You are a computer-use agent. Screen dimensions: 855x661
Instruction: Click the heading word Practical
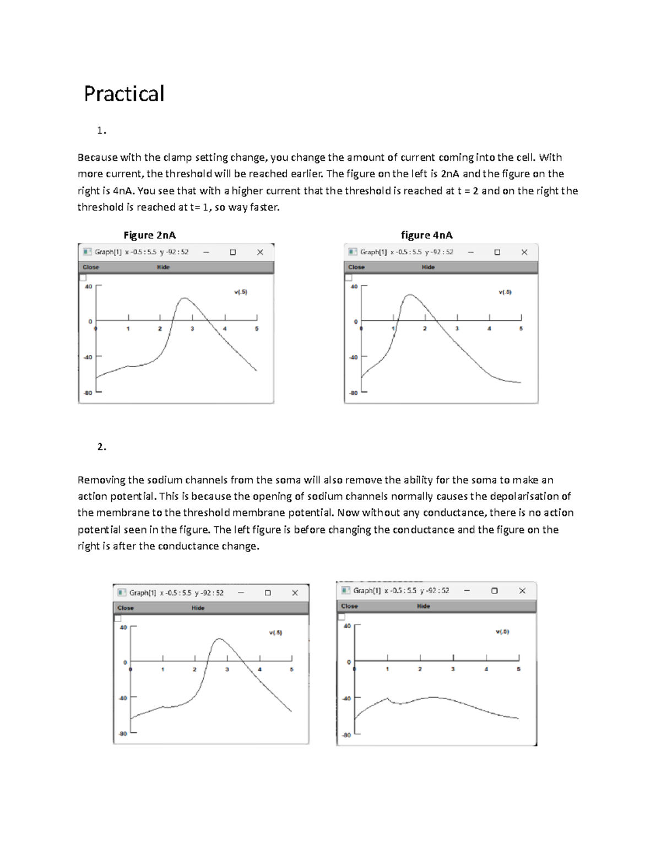[124, 94]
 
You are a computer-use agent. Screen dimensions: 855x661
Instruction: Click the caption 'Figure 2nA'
[149, 235]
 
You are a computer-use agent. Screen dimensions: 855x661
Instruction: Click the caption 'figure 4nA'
[426, 235]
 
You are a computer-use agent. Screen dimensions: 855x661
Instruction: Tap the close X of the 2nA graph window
[260, 252]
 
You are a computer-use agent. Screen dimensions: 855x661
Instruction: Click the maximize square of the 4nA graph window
[497, 252]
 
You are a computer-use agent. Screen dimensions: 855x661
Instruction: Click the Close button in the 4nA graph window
[356, 267]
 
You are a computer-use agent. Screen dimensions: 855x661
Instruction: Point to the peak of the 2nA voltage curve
[184, 298]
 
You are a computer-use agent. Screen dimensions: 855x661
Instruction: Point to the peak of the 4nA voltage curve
[409, 295]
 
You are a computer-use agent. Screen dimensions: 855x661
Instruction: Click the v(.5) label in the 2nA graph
[241, 292]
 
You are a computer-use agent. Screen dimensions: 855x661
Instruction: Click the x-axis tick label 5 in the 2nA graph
[257, 329]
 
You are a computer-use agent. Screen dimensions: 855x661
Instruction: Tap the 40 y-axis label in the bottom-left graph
[123, 627]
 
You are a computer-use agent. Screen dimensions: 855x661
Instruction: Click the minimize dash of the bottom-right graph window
[467, 590]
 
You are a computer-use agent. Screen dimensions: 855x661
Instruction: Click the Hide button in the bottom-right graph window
[423, 606]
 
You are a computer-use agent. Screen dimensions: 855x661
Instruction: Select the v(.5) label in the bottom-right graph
[502, 631]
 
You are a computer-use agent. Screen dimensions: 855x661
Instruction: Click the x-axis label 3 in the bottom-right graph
[453, 669]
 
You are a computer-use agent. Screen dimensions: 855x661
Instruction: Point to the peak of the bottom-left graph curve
[219, 639]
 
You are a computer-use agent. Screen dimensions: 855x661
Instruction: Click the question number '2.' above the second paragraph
[101, 446]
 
